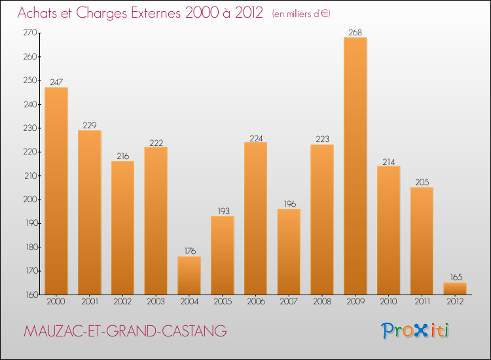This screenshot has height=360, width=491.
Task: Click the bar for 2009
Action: pyautogui.click(x=355, y=166)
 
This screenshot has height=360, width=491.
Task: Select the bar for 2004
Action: pyautogui.click(x=189, y=276)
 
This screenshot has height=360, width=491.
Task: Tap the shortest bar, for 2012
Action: pyautogui.click(x=454, y=289)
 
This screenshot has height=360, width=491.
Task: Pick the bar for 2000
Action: pyautogui.click(x=56, y=191)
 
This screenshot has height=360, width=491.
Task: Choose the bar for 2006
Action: pyautogui.click(x=255, y=219)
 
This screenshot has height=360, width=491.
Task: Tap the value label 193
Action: pyautogui.click(x=222, y=211)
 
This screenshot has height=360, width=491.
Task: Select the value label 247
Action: pyautogui.click(x=56, y=82)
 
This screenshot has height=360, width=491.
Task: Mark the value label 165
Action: pyautogui.click(x=454, y=278)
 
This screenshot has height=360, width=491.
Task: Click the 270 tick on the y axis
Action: pyautogui.click(x=30, y=33)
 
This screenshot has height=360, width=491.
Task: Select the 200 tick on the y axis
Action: pyautogui.click(x=30, y=200)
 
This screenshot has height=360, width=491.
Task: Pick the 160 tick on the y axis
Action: pyautogui.click(x=30, y=295)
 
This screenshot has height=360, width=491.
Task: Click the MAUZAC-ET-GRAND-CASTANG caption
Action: pyautogui.click(x=125, y=332)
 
